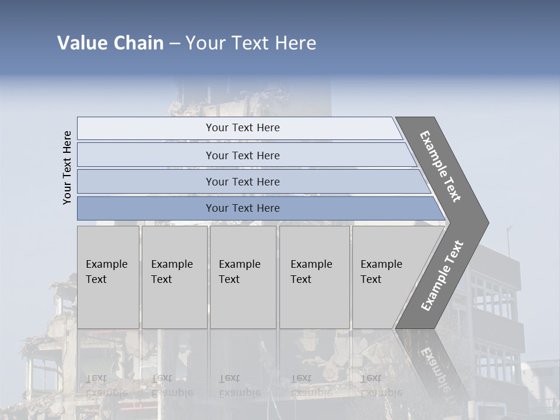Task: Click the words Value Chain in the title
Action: pos(110,43)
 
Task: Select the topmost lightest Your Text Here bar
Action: pos(243,128)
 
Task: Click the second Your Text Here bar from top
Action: pos(243,155)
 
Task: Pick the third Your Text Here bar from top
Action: pos(243,181)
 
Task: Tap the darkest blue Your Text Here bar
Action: pos(243,208)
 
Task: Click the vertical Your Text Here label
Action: pos(67,167)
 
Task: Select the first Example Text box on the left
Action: pos(108,277)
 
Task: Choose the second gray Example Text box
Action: pos(174,277)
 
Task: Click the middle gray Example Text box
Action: pos(243,277)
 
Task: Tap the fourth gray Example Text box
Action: pos(314,277)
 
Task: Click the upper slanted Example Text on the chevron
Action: pos(440,166)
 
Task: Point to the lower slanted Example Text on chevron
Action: pos(442,275)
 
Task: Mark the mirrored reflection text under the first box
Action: pos(106,386)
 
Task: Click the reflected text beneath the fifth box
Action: pos(381,386)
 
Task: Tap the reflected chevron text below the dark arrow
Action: pos(435,367)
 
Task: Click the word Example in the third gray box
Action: pos(239,264)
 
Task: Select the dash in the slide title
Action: pos(174,44)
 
